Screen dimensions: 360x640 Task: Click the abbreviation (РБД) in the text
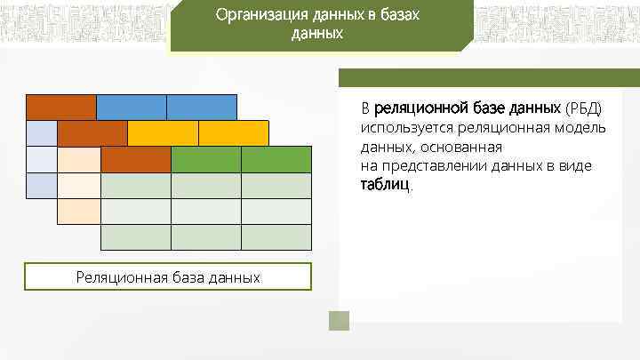pyautogui.click(x=583, y=108)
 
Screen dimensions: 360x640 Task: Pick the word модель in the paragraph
pyautogui.click(x=582, y=128)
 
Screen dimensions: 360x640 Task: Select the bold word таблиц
pyautogui.click(x=385, y=186)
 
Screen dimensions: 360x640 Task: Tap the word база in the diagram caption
pyautogui.click(x=183, y=277)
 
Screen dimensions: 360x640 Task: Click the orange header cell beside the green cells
pyautogui.click(x=135, y=159)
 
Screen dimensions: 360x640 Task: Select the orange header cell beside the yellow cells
pyautogui.click(x=92, y=133)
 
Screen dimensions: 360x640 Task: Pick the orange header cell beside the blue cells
pyautogui.click(x=60, y=107)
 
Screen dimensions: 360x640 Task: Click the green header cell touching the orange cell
pyautogui.click(x=205, y=159)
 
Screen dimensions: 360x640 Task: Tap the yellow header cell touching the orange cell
pyautogui.click(x=163, y=133)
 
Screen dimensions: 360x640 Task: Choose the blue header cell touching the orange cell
pyautogui.click(x=131, y=107)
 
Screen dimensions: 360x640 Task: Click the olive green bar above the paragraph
pyautogui.click(x=487, y=77)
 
